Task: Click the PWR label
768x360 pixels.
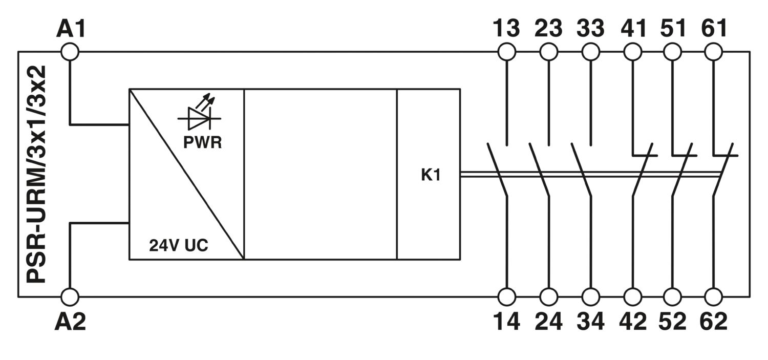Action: click(x=203, y=143)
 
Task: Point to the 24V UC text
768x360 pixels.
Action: click(x=179, y=245)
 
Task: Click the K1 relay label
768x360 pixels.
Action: click(x=431, y=175)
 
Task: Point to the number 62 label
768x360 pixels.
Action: click(x=714, y=322)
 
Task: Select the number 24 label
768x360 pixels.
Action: click(x=548, y=322)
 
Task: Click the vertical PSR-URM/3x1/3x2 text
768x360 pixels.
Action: click(x=36, y=174)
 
